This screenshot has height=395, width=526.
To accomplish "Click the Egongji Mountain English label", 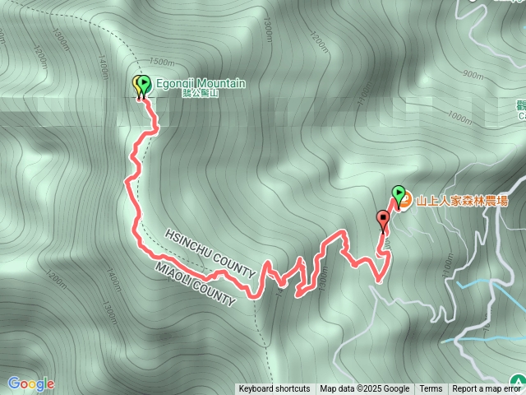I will click(201, 83).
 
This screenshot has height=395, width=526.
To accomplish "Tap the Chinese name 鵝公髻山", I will click(201, 94).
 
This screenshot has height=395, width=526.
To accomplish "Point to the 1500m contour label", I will click(163, 63).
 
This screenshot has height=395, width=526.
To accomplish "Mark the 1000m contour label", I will click(463, 118).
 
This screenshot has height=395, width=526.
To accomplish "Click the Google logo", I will click(30, 383).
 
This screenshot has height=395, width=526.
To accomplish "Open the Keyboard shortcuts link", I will click(275, 389).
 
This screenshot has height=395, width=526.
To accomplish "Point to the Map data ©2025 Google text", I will click(365, 389).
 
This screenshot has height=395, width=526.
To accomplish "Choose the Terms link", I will click(431, 389).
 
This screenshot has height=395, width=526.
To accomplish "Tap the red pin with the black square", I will click(382, 219).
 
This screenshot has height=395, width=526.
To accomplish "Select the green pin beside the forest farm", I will click(399, 194).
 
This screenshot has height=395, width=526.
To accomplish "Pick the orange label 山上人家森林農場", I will click(462, 200).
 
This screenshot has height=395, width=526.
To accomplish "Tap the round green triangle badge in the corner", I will click(516, 382).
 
